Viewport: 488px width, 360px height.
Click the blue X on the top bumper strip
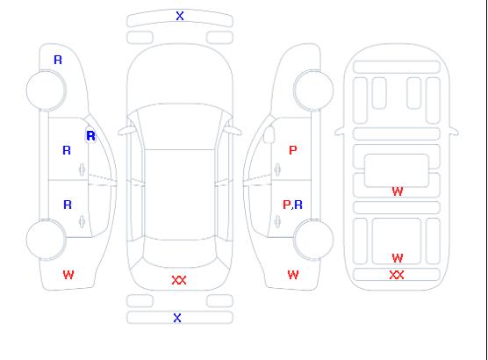click(x=180, y=16)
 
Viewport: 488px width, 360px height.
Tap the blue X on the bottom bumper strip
click(x=177, y=318)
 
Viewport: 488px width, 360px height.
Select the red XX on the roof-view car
click(x=179, y=280)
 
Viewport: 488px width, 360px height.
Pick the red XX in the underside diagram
click(x=397, y=275)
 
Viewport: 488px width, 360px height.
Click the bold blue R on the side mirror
click(x=90, y=136)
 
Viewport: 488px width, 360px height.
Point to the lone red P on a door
click(x=293, y=150)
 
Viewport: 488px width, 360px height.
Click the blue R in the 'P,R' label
click(x=298, y=205)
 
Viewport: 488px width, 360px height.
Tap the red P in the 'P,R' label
click(x=286, y=205)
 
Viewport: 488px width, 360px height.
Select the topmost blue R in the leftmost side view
click(x=58, y=60)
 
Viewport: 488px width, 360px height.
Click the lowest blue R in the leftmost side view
click(x=68, y=205)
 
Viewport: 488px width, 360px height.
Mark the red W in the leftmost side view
click(x=68, y=275)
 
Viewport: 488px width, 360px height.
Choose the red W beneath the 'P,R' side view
click(x=293, y=275)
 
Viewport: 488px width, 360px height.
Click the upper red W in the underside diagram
click(x=397, y=191)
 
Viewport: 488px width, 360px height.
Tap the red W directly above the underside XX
click(x=397, y=258)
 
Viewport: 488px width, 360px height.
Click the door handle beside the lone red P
click(x=277, y=169)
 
